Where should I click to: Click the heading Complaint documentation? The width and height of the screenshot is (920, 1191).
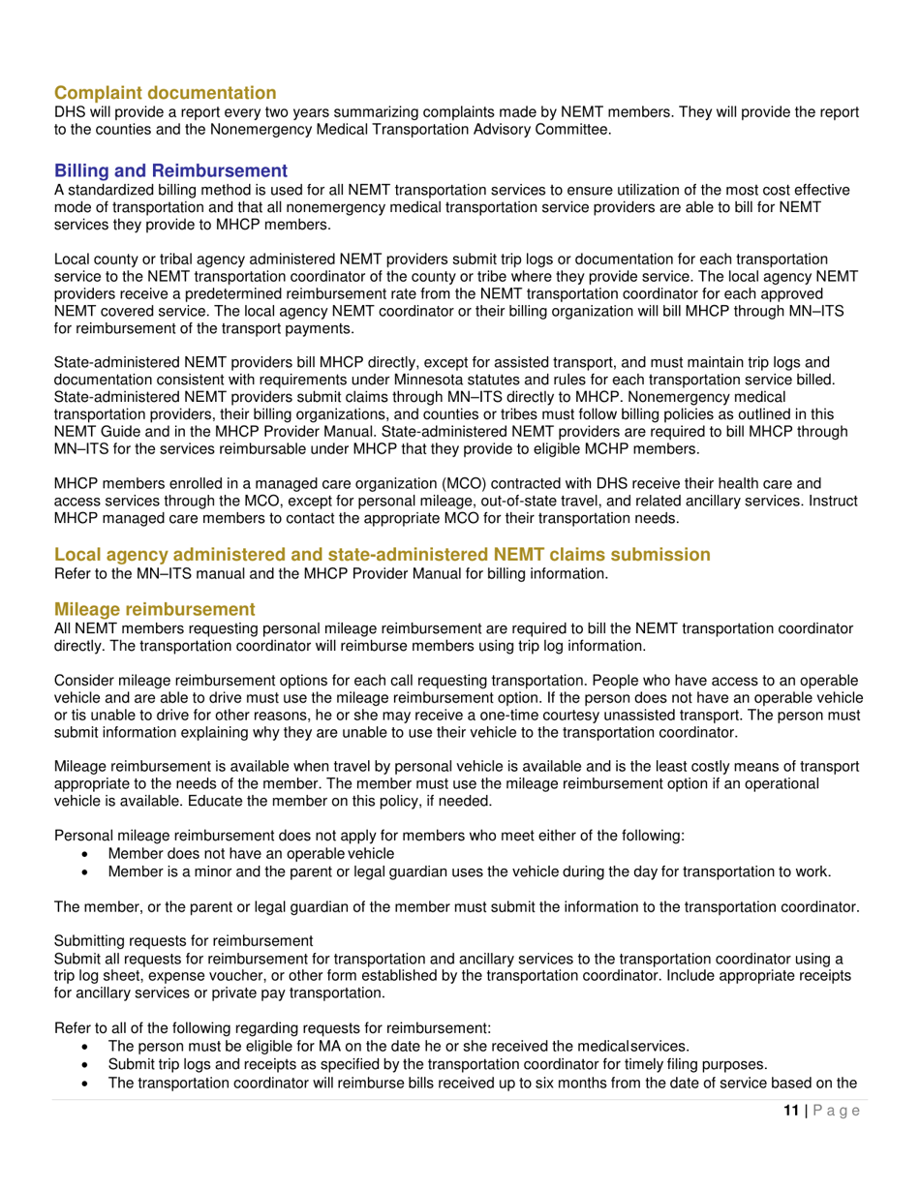[x=165, y=93]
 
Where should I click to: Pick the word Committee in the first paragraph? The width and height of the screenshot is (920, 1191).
[x=567, y=129]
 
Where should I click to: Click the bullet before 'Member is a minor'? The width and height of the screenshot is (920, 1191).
[x=90, y=871]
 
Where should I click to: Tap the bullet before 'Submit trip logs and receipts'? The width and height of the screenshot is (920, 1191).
[x=90, y=1064]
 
